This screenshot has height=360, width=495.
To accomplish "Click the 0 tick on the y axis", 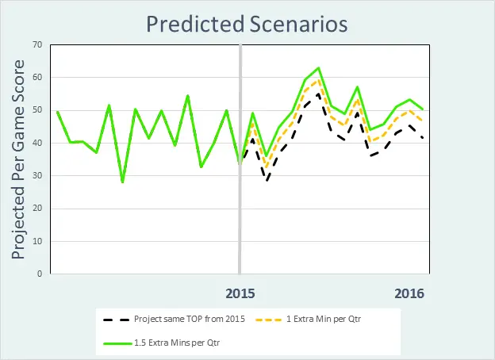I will coord(38,274).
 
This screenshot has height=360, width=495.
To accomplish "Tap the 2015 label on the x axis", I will coord(240,293).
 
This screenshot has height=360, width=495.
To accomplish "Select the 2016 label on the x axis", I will coord(409,293).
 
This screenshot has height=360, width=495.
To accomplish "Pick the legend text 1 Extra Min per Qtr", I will coord(341,319).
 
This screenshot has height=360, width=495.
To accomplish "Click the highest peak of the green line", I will coord(318,68).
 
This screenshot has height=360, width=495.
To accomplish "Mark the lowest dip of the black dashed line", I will coord(267,181).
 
